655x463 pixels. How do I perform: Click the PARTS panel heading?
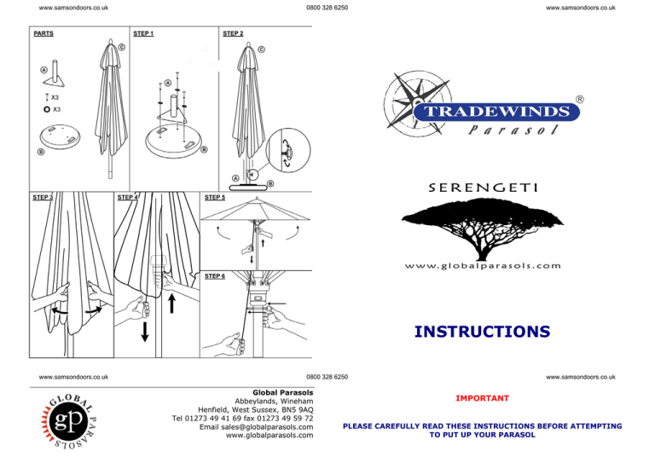pos(43,34)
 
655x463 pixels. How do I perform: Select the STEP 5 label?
pos(214,197)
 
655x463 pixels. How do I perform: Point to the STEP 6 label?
pos(214,276)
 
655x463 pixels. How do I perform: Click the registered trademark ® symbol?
pos(581,99)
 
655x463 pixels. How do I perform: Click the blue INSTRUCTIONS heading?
pos(482,331)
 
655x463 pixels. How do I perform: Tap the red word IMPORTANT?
pos(483,398)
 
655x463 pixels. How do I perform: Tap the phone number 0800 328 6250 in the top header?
pos(327,8)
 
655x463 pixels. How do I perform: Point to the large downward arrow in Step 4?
pos(146,330)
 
